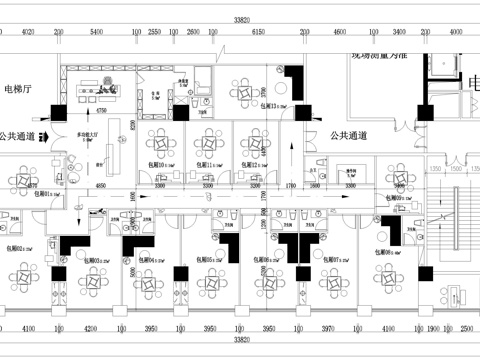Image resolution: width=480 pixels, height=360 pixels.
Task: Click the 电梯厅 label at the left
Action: [19, 88]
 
